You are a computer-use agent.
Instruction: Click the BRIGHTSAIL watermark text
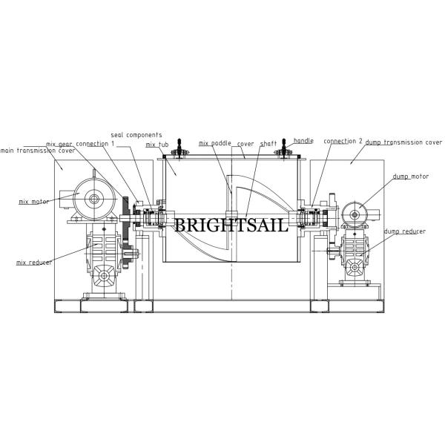tap(230, 225)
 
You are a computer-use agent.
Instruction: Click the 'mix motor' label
tap(33, 201)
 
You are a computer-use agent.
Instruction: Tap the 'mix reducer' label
tap(34, 262)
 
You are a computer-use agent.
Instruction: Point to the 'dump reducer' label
tap(405, 231)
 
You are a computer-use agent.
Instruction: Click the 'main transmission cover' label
tap(27, 150)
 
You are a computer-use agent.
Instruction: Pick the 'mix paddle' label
tap(216, 143)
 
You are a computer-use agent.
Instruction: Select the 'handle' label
tap(303, 140)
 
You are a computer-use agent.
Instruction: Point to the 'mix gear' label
tap(59, 144)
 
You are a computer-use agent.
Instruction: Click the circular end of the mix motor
tap(95, 198)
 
